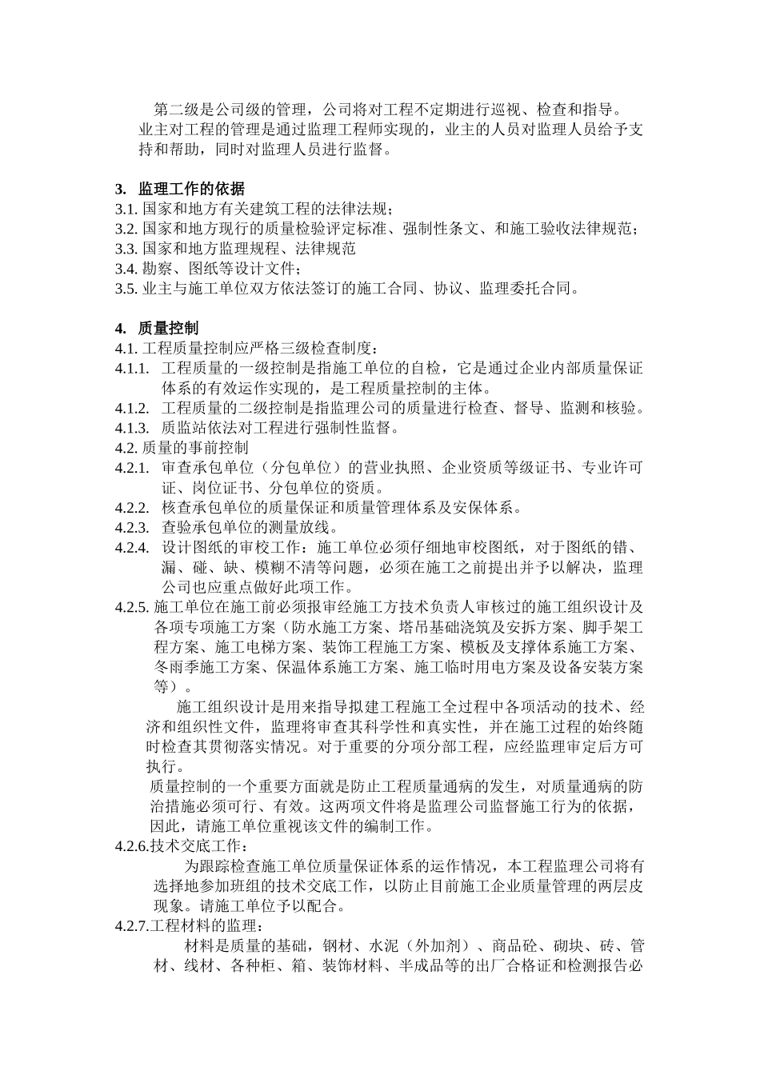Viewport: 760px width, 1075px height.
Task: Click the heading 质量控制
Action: click(168, 328)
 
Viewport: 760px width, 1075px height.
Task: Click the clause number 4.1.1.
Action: click(132, 368)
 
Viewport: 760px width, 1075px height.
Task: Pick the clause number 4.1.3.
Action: click(132, 427)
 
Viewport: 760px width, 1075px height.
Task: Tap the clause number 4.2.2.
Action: click(132, 507)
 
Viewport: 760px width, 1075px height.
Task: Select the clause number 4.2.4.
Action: click(132, 547)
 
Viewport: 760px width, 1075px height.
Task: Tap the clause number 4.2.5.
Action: click(132, 607)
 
